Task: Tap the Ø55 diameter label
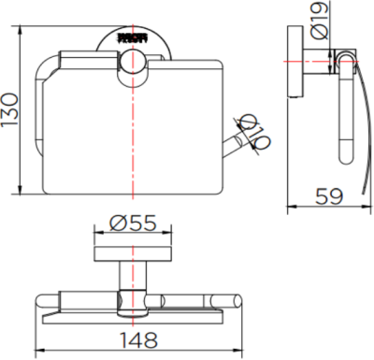pos(132,224)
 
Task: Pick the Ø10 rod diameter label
pos(255,131)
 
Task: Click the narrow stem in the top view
pos(132,278)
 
